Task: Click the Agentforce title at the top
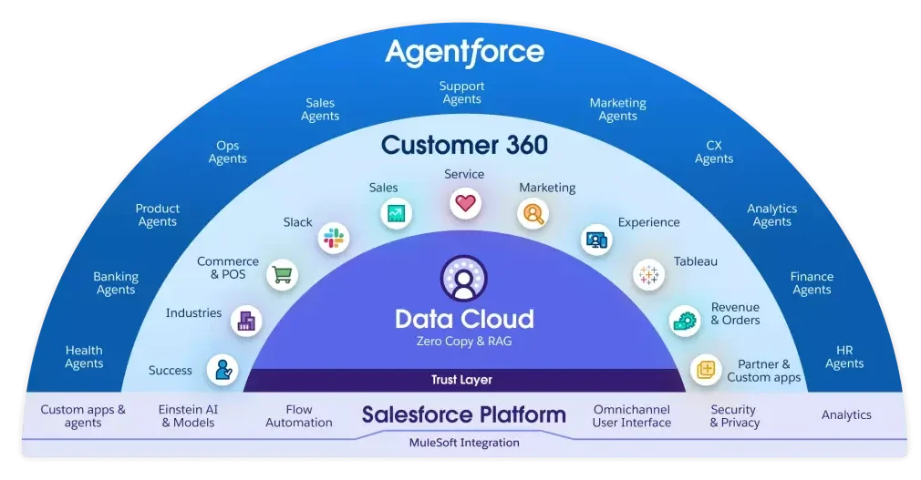pyautogui.click(x=464, y=51)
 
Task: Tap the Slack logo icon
pyautogui.click(x=333, y=239)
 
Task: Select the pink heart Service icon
pyautogui.click(x=465, y=203)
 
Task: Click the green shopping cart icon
pyautogui.click(x=283, y=274)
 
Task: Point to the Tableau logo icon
pyautogui.click(x=648, y=274)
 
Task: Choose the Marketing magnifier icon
pyautogui.click(x=533, y=214)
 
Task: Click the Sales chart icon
pyautogui.click(x=396, y=214)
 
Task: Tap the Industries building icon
pyautogui.click(x=246, y=320)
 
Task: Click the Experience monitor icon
pyautogui.click(x=596, y=239)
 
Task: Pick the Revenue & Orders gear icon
pyautogui.click(x=685, y=320)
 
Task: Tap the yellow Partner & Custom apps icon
pyautogui.click(x=705, y=369)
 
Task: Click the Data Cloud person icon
pyautogui.click(x=464, y=279)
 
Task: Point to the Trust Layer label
pyautogui.click(x=461, y=380)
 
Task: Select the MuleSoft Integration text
pyautogui.click(x=464, y=443)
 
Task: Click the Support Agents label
pyautogui.click(x=462, y=93)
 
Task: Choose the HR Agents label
pyautogui.click(x=844, y=357)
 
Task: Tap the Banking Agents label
pyautogui.click(x=116, y=283)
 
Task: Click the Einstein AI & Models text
pyautogui.click(x=188, y=416)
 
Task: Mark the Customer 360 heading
pyautogui.click(x=464, y=145)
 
